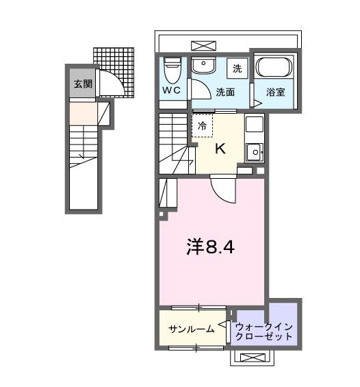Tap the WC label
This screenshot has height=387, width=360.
point(171,90)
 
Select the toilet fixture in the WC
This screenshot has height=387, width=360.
point(172,68)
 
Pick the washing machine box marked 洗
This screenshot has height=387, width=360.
point(237,68)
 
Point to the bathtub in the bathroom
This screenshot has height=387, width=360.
point(273,68)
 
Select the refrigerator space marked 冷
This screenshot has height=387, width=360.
point(202,126)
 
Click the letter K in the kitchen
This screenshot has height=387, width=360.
point(220,148)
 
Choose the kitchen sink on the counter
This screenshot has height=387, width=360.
point(253,150)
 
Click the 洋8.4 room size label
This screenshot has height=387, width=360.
point(211,247)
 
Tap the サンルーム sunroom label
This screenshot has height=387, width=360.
point(192,329)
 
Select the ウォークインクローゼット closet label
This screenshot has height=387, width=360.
point(263,330)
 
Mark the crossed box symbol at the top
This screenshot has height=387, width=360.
point(203,45)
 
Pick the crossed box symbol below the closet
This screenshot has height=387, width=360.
point(254,358)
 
